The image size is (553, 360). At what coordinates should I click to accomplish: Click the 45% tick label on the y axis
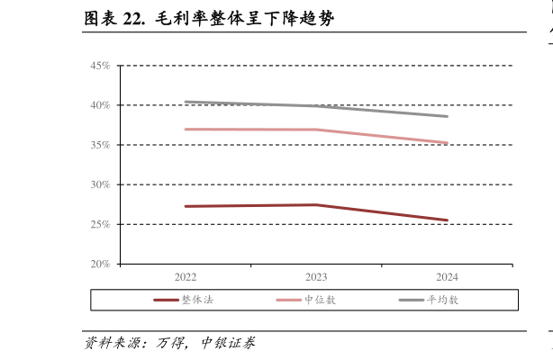pos(99,66)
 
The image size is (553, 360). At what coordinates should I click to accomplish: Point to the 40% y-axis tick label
pos(99,105)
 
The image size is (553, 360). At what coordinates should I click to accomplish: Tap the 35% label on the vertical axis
pos(99,145)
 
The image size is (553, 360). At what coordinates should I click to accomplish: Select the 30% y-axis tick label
pos(99,184)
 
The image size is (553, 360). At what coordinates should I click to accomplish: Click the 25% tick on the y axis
pos(99,224)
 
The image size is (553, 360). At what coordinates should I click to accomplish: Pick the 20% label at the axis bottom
pos(99,264)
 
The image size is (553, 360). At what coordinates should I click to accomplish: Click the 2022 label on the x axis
pos(186,277)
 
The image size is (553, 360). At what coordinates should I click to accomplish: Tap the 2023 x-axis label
pos(316,277)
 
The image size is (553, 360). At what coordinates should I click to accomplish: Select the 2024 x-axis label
pos(447,277)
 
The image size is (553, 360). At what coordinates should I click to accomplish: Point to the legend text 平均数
pos(442,300)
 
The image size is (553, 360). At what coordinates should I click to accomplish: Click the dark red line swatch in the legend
pos(166,300)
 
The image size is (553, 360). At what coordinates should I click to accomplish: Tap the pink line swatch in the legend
pos(288,300)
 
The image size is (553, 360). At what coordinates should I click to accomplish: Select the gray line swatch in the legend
pos(412,300)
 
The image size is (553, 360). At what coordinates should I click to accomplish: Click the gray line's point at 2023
pos(316,106)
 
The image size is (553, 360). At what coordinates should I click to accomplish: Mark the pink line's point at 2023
pos(316,130)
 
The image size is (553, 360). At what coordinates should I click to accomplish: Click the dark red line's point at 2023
pos(316,204)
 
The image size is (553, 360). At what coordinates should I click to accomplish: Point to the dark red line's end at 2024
pos(447,220)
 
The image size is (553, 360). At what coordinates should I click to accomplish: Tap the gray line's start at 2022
pos(186,102)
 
